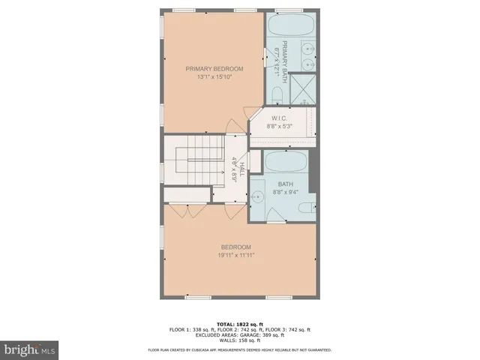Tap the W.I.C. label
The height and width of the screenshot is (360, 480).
click(280, 118)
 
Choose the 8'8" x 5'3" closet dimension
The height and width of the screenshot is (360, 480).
click(280, 126)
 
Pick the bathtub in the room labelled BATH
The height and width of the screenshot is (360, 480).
click(285, 163)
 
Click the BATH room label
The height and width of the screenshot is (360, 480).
click(285, 184)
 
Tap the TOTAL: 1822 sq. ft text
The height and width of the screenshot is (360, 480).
click(239, 324)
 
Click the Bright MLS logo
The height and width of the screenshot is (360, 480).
click(29, 349)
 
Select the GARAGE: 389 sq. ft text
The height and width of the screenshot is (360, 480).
click(264, 334)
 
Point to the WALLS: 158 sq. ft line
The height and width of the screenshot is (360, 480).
click(239, 340)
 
